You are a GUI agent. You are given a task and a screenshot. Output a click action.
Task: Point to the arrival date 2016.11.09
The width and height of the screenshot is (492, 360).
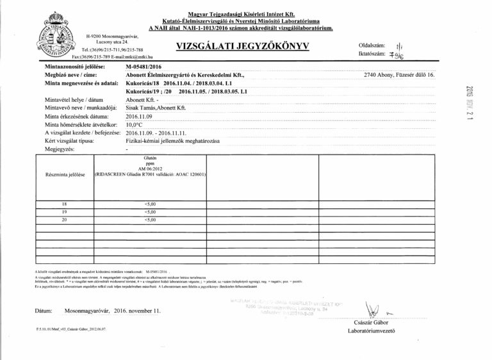click(x=140, y=116)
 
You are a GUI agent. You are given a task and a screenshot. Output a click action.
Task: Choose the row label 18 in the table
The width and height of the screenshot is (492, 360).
click(x=63, y=203)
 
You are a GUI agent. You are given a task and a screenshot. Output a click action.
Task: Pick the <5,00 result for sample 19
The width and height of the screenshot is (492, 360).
click(x=151, y=211)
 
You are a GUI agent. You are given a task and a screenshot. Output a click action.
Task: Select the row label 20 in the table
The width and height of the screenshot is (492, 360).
click(x=63, y=220)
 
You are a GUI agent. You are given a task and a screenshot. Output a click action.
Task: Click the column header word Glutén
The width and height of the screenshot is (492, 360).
click(x=151, y=156)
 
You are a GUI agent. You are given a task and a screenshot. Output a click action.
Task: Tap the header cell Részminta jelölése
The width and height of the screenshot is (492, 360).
click(x=63, y=174)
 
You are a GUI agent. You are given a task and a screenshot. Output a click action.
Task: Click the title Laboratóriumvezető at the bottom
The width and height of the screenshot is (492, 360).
click(x=369, y=331)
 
